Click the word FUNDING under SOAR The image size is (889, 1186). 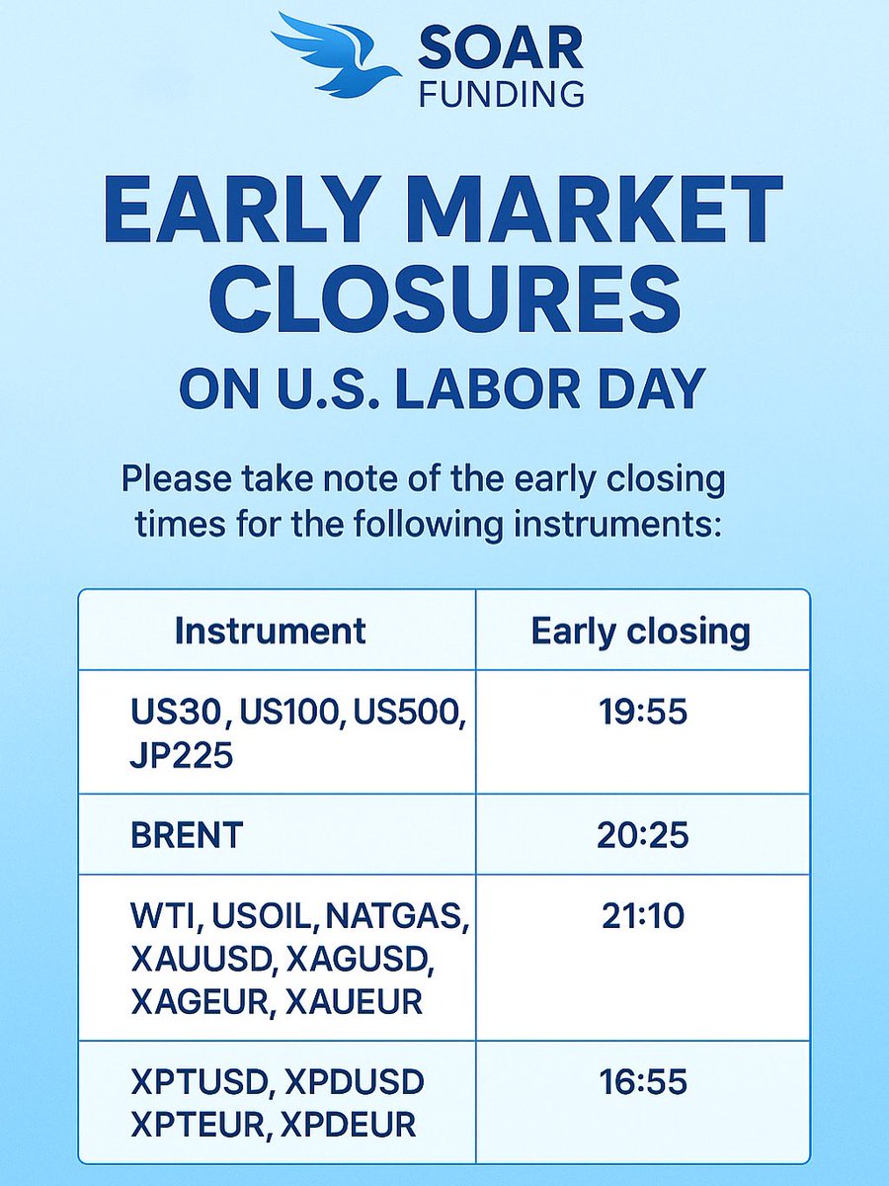tap(501, 94)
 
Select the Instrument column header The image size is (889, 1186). tap(270, 631)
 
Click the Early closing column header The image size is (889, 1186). tap(641, 631)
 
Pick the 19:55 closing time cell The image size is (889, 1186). tap(642, 712)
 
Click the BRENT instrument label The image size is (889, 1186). tap(186, 835)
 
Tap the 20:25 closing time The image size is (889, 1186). tap(642, 835)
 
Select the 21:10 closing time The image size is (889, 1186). tap(642, 916)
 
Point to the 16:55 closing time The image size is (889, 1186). tap(642, 1082)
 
